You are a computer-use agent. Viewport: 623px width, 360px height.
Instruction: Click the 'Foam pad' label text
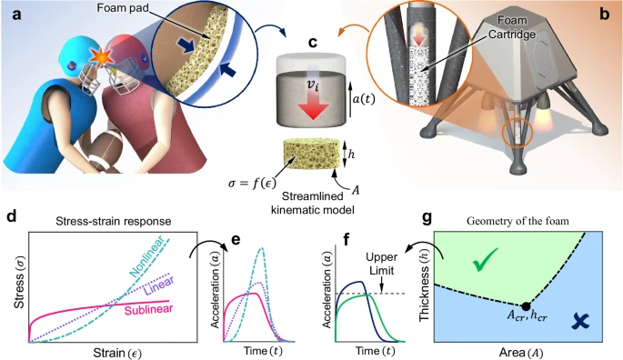tap(123, 7)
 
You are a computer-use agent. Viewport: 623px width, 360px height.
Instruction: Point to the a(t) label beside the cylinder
tap(364, 98)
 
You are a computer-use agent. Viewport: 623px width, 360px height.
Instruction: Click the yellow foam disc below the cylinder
tap(312, 155)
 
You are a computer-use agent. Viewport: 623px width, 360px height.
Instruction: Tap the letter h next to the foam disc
tap(352, 155)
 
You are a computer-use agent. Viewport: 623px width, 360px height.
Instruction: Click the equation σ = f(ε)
tap(252, 183)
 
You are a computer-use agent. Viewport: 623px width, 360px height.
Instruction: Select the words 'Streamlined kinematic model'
tap(312, 203)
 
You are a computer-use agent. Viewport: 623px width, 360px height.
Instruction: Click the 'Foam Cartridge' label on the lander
tap(513, 27)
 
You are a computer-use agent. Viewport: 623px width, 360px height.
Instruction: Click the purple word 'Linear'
tap(159, 286)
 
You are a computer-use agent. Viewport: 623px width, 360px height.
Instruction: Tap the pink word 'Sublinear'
tap(149, 309)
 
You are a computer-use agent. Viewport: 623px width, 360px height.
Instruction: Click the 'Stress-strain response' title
tap(114, 221)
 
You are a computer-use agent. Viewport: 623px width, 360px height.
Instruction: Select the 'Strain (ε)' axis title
tap(116, 353)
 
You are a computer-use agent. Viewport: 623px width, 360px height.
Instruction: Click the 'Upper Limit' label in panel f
tap(381, 264)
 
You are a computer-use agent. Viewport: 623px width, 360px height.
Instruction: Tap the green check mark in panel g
tap(485, 259)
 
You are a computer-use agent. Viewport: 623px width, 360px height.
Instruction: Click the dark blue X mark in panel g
tap(580, 321)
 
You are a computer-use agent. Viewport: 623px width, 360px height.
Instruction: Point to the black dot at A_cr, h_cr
tap(526, 306)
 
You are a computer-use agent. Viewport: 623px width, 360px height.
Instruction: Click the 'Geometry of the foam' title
tap(517, 221)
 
